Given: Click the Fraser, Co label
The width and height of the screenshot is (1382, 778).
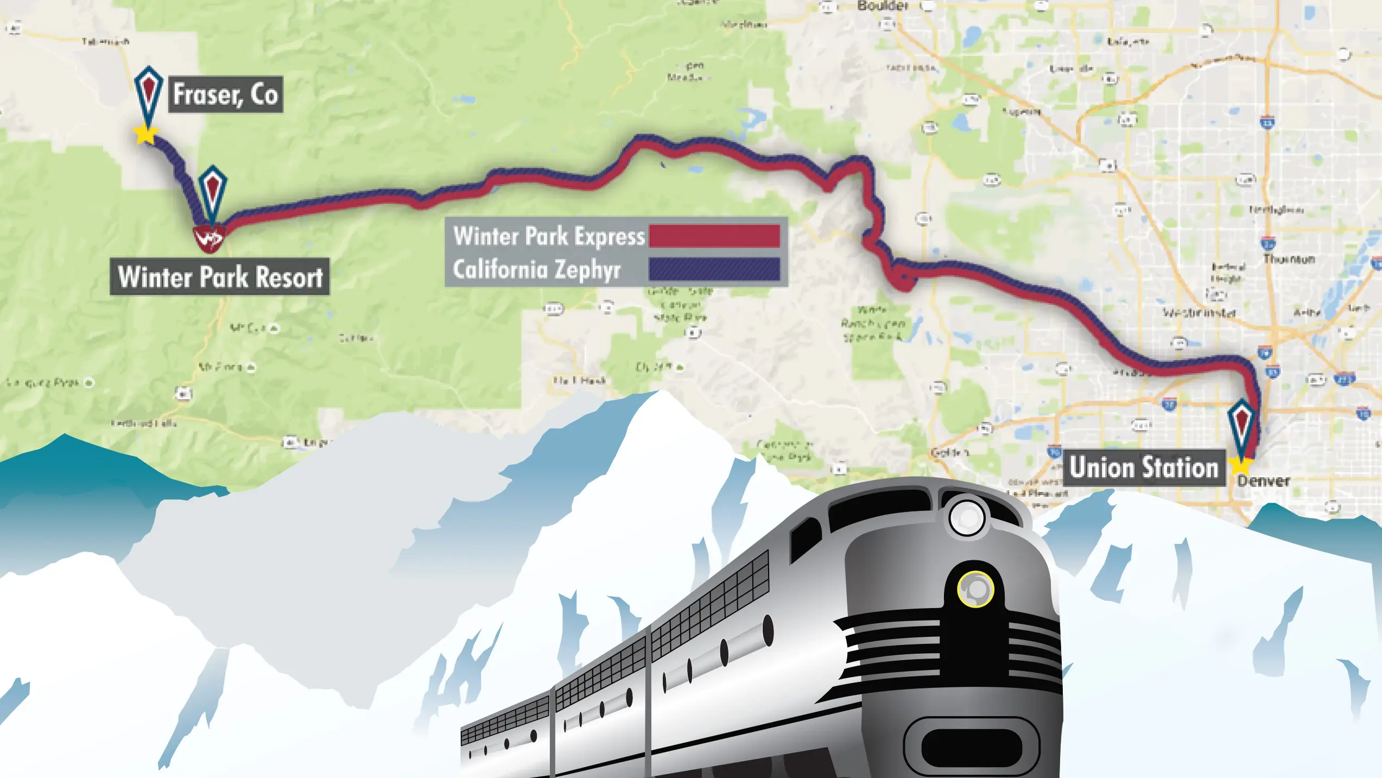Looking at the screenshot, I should point(225,94).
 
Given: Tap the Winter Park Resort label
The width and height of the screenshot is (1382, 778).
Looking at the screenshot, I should point(220,277).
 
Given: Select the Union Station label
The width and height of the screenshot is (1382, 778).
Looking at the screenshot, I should point(1144,467).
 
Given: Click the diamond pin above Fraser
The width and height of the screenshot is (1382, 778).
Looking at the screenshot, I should point(148,92).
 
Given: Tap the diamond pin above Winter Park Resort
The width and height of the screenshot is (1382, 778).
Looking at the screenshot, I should point(212,190).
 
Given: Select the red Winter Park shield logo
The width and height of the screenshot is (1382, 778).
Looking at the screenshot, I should point(209,238).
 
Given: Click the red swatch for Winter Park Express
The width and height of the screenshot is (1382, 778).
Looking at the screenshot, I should point(714,236).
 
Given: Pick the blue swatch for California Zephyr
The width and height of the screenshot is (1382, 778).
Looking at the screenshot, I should point(714,269).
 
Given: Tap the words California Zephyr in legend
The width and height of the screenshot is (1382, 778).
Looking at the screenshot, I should point(536,269).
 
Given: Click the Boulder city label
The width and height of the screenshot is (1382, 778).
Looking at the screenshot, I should point(883,6).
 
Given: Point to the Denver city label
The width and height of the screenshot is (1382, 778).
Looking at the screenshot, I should point(1264,481).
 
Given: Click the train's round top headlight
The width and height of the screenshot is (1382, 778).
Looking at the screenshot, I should point(967,517).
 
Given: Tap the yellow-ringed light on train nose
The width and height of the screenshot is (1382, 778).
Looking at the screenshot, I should point(975,589).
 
